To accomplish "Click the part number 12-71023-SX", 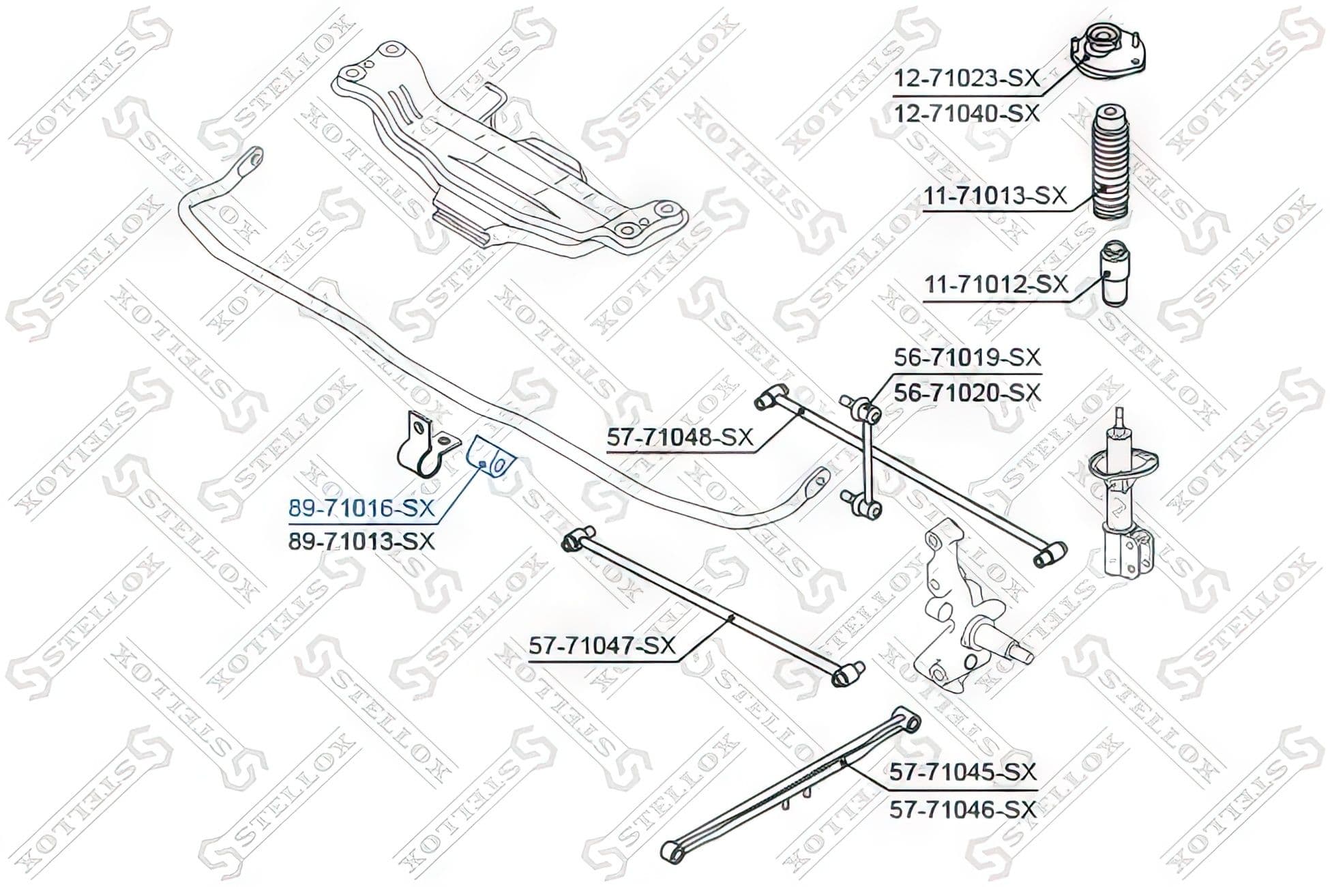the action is pyautogui.click(x=966, y=78).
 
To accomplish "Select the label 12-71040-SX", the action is pyautogui.click(x=966, y=113).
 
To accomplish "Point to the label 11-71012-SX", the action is pyautogui.click(x=996, y=284).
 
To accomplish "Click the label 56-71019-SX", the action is pyautogui.click(x=968, y=357).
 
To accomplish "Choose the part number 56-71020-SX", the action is pyautogui.click(x=968, y=393).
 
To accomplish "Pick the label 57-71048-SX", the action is pyautogui.click(x=680, y=437).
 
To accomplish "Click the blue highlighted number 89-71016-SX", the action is pyautogui.click(x=361, y=508).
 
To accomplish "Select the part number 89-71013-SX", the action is pyautogui.click(x=361, y=542).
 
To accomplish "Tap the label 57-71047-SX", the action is pyautogui.click(x=602, y=645).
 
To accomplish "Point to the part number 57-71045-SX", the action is pyautogui.click(x=963, y=772).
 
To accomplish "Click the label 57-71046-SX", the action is pyautogui.click(x=963, y=810).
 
